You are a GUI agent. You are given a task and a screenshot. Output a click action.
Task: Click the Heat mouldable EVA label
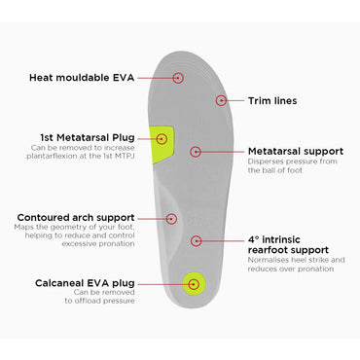tap(81, 77)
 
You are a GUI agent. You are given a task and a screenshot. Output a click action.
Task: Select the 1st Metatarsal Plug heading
tap(87, 137)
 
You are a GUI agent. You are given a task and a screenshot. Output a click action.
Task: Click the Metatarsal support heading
tap(295, 152)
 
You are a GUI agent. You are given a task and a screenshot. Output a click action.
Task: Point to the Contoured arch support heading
tap(74, 217)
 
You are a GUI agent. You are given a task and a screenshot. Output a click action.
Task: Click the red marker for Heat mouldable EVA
tap(178, 77)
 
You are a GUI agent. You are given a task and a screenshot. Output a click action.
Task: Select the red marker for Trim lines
tap(222, 99)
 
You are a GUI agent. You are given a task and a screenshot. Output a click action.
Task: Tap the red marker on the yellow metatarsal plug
tap(162, 140)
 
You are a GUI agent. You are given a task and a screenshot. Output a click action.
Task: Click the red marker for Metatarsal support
tap(196, 152)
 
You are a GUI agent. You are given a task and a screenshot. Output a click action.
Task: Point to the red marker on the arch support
tap(171, 219)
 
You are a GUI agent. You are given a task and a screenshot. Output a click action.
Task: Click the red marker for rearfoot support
tap(196, 239)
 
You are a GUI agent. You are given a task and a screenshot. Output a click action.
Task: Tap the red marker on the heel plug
tap(194, 283)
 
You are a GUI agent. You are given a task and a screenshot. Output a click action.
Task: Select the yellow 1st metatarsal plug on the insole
tap(163, 142)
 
